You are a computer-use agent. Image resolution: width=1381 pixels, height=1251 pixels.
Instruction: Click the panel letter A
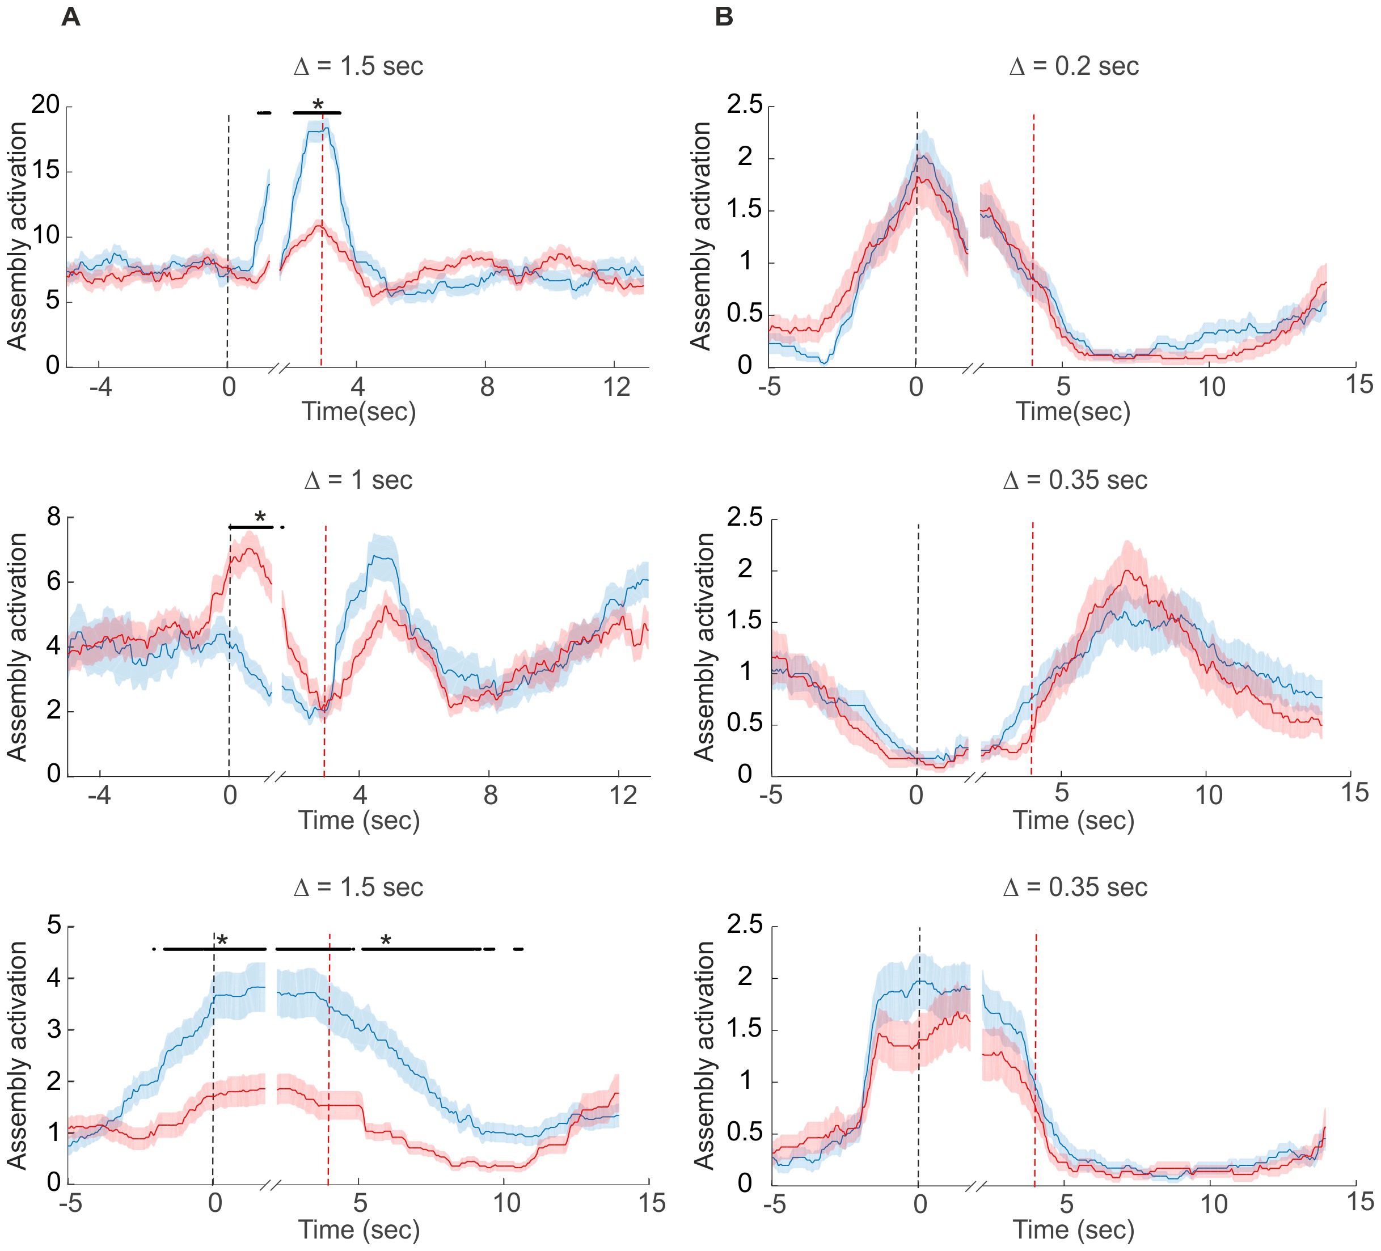(70, 16)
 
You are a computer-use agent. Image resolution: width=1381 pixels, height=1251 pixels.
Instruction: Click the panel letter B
(724, 16)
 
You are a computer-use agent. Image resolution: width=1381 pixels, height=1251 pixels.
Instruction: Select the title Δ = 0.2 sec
(1074, 66)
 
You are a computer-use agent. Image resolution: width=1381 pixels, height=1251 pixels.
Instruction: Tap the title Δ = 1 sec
(358, 480)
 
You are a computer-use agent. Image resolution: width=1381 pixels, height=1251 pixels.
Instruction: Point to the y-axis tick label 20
(46, 105)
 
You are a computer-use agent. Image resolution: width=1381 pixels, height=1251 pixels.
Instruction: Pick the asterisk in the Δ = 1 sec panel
(260, 518)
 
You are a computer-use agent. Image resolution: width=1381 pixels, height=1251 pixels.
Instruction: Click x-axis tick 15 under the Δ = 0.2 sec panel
(1359, 384)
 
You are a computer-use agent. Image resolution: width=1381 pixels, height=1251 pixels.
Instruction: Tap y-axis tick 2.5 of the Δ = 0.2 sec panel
(745, 105)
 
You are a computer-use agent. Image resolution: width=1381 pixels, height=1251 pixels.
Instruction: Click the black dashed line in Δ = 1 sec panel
(230, 651)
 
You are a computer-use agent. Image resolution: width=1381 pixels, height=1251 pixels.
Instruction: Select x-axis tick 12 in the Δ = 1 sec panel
(623, 796)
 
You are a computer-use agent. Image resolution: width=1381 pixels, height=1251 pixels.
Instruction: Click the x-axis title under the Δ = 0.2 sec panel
(1072, 412)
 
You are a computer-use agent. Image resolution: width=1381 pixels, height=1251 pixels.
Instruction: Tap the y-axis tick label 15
(46, 170)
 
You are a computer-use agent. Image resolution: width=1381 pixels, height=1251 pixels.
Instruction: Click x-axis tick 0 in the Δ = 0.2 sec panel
(916, 388)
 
